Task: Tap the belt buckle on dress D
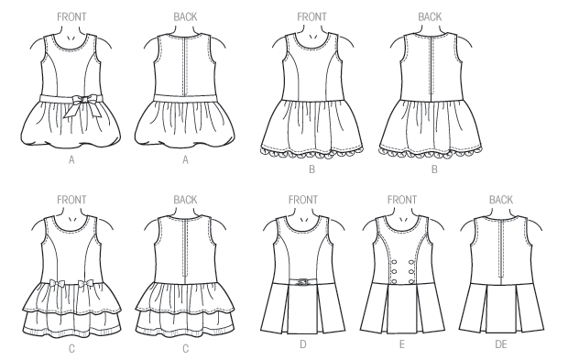pyautogui.click(x=300, y=280)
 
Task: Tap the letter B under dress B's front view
pyautogui.click(x=312, y=169)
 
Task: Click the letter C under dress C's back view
pyautogui.click(x=185, y=348)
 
